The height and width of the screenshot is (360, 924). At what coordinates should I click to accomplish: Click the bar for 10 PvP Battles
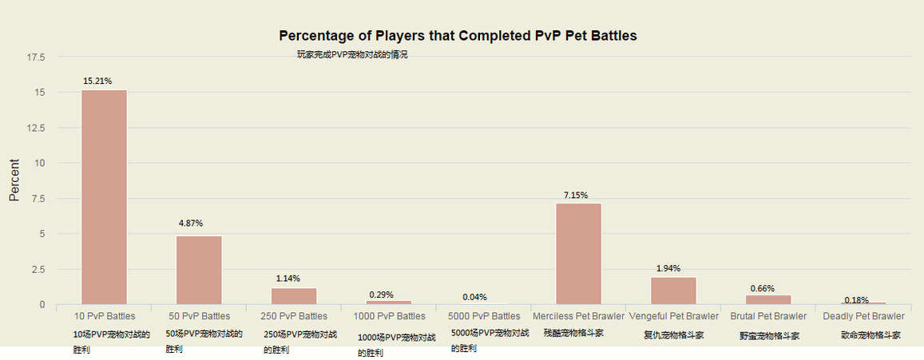pos(104,197)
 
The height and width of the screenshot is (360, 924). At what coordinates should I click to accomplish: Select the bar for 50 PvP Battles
pos(199,270)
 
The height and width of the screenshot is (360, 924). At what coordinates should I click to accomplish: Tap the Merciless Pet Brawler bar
pos(578,254)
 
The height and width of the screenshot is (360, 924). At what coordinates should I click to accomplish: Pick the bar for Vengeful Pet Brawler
pos(673,291)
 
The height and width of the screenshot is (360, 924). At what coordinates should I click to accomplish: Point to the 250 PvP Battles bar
pos(294,296)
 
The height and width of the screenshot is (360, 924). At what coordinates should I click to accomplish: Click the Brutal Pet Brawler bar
pos(768,299)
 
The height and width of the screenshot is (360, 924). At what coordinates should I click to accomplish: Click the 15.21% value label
pos(97,81)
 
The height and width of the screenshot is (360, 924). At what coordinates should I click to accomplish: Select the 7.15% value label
pos(576,195)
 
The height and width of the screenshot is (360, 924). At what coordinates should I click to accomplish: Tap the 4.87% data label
pos(191,224)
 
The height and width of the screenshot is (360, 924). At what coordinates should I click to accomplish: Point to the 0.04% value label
pos(474,297)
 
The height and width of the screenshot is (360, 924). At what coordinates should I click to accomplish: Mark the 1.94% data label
pos(668,268)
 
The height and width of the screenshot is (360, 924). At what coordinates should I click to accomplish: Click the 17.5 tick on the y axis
pos(36,57)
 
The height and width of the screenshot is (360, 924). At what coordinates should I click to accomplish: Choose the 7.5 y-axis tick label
pos(38,199)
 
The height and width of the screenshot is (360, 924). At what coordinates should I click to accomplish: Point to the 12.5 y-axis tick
pos(36,128)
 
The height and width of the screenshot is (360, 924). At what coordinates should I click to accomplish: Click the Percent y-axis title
pos(14,180)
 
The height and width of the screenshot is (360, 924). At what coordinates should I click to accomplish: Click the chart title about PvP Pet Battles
pos(458,36)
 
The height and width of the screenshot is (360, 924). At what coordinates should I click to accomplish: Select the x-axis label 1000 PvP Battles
pos(390,317)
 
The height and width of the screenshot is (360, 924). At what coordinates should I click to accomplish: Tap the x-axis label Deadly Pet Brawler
pos(863,317)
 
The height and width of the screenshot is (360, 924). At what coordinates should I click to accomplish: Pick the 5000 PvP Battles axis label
pos(484,317)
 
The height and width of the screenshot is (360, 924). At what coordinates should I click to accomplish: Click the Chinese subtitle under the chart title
pos(352,54)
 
